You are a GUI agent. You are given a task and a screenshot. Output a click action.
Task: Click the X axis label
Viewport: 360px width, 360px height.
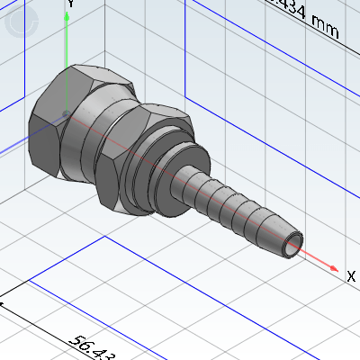[350, 278]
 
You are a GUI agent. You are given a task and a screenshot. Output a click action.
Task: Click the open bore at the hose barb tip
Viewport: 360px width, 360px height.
[293, 243]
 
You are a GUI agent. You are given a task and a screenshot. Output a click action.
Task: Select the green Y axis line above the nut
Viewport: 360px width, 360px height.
[68, 45]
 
